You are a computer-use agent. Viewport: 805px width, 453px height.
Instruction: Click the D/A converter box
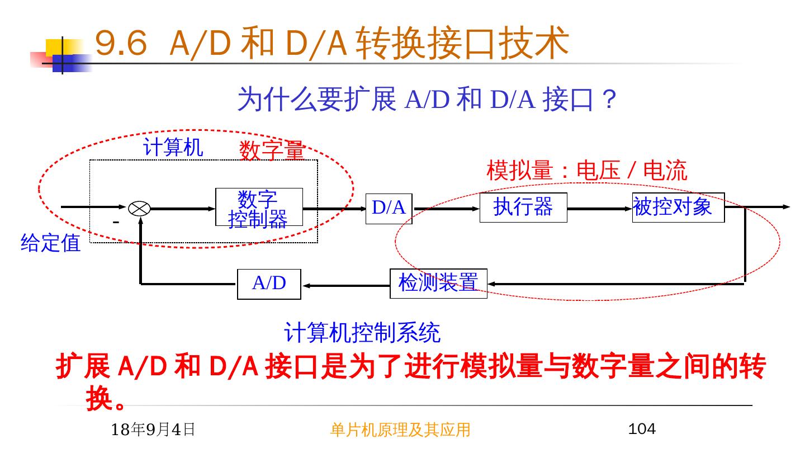tap(389, 208)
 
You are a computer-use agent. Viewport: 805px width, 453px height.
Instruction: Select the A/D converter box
tap(269, 284)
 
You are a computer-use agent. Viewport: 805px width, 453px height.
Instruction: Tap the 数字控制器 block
tap(259, 207)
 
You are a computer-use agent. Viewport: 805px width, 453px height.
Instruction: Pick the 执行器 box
tap(523, 207)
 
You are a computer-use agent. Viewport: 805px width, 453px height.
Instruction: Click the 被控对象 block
tap(678, 207)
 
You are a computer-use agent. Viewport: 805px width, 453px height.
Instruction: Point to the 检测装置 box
tap(438, 284)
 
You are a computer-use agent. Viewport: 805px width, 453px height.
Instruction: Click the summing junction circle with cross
tap(139, 209)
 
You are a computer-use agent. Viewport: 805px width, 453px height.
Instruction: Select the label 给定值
tap(50, 243)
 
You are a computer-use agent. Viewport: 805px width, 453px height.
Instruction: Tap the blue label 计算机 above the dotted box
tap(173, 148)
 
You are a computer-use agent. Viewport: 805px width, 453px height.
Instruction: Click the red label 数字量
tap(272, 150)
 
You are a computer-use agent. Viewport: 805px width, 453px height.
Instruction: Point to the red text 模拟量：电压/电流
tap(586, 171)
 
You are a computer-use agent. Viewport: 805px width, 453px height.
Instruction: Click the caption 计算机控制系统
tap(362, 333)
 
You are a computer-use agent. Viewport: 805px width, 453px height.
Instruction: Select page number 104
tap(642, 429)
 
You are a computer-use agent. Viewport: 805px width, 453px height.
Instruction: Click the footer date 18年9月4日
tap(153, 430)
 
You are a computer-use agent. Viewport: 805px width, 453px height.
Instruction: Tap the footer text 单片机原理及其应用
tap(400, 430)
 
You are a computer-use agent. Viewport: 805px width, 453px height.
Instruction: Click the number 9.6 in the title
tap(121, 44)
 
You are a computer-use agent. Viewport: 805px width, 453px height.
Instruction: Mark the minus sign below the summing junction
tap(116, 223)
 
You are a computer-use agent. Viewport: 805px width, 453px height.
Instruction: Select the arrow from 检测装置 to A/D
tap(345, 285)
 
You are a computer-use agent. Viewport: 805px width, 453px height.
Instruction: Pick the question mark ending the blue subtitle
tap(610, 101)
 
